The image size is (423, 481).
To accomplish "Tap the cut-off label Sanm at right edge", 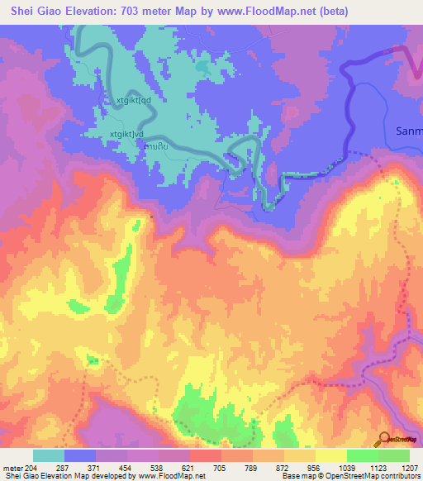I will tap(409, 131).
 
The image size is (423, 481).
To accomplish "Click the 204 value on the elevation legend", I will tap(31, 468).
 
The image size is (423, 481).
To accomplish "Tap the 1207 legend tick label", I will tap(410, 468).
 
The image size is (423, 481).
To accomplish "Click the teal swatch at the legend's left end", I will tap(49, 455).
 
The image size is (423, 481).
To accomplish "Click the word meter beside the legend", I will tap(12, 468).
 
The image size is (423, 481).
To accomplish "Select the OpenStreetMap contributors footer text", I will tap(380, 476).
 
